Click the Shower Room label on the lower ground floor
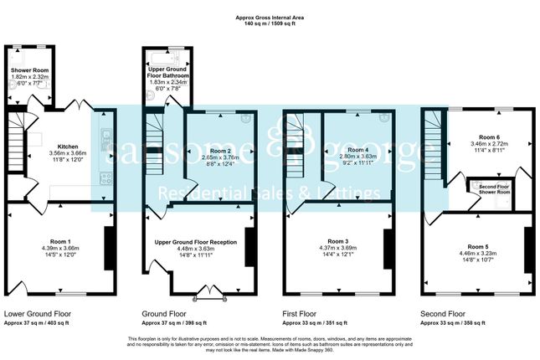[30, 70]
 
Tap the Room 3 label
[335, 240]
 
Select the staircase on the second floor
[431, 134]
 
